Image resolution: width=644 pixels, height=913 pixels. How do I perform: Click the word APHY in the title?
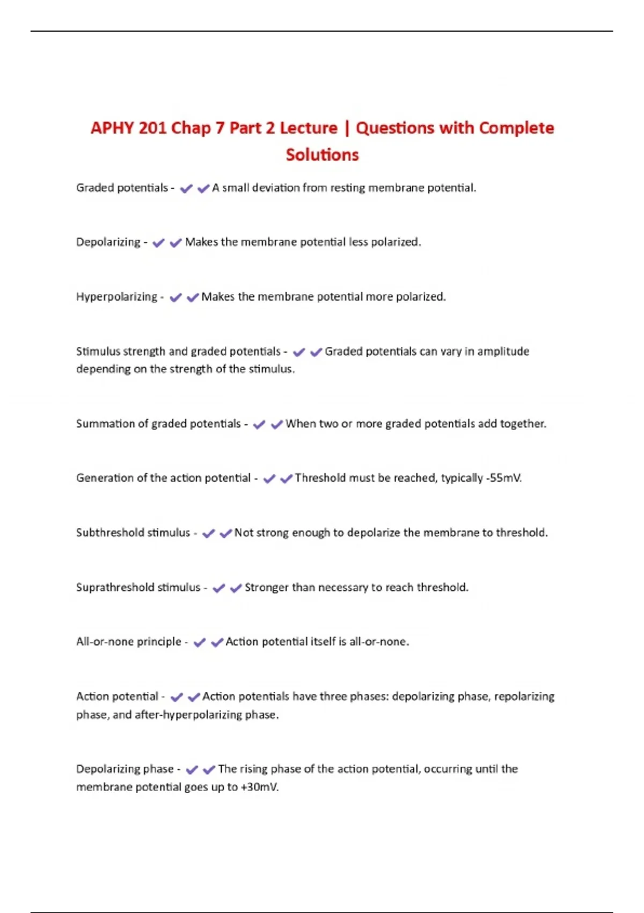112,128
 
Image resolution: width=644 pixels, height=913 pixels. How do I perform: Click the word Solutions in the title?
322,155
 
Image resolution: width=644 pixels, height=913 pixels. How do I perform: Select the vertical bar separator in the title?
347,128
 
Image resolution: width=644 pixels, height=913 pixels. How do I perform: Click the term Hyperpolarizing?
116,297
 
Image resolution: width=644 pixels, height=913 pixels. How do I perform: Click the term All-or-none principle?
129,642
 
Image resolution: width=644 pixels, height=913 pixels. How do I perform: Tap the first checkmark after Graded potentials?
186,189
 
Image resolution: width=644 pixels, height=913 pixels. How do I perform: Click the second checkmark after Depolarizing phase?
209,770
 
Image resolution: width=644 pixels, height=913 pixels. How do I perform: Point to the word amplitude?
503,351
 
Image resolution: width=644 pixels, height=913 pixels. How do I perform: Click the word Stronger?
266,588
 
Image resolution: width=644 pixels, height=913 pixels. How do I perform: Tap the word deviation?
275,188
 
